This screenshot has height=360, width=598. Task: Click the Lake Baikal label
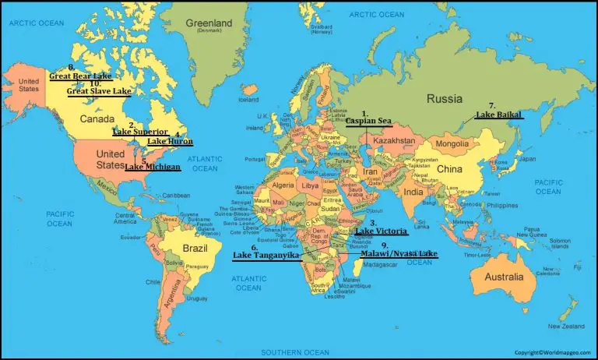[x=499, y=115]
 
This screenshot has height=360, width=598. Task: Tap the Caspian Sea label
[x=368, y=121]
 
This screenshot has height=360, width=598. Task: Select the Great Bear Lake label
[x=79, y=76]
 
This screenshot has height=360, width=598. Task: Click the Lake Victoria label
[x=382, y=231]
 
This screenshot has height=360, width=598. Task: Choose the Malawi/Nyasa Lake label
[x=399, y=254]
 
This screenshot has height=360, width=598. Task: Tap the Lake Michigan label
[x=153, y=167]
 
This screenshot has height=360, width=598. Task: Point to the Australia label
[x=505, y=277]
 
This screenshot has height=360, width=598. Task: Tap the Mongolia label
[x=452, y=144]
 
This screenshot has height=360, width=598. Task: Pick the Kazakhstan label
[x=393, y=141]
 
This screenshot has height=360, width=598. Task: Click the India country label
[x=413, y=192]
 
